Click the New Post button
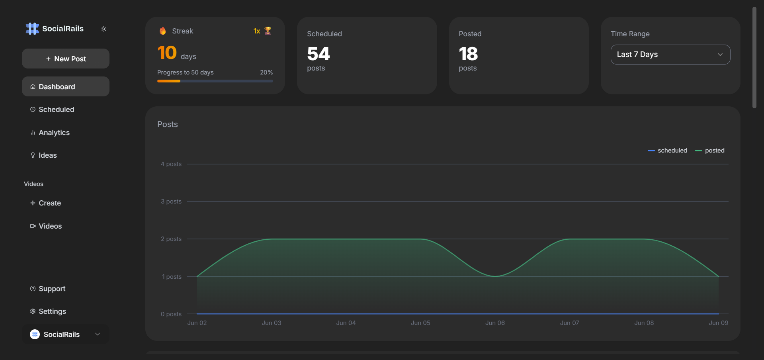coord(66,59)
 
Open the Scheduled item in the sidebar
coord(56,110)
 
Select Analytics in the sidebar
coord(54,133)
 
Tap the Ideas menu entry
coord(47,155)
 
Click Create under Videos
coord(49,203)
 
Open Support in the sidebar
coord(52,289)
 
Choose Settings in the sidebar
coord(52,311)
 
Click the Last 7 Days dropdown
coord(670,55)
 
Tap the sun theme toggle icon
coord(104,29)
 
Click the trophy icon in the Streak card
coord(268,31)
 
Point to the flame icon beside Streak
coord(163,31)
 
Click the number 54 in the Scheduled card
coord(318,54)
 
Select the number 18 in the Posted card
coord(468,54)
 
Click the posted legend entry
coord(710,151)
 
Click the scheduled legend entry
coord(668,151)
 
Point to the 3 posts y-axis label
coord(171,202)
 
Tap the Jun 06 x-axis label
coord(495,323)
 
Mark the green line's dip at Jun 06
coord(495,276)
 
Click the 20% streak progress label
coord(266,72)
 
